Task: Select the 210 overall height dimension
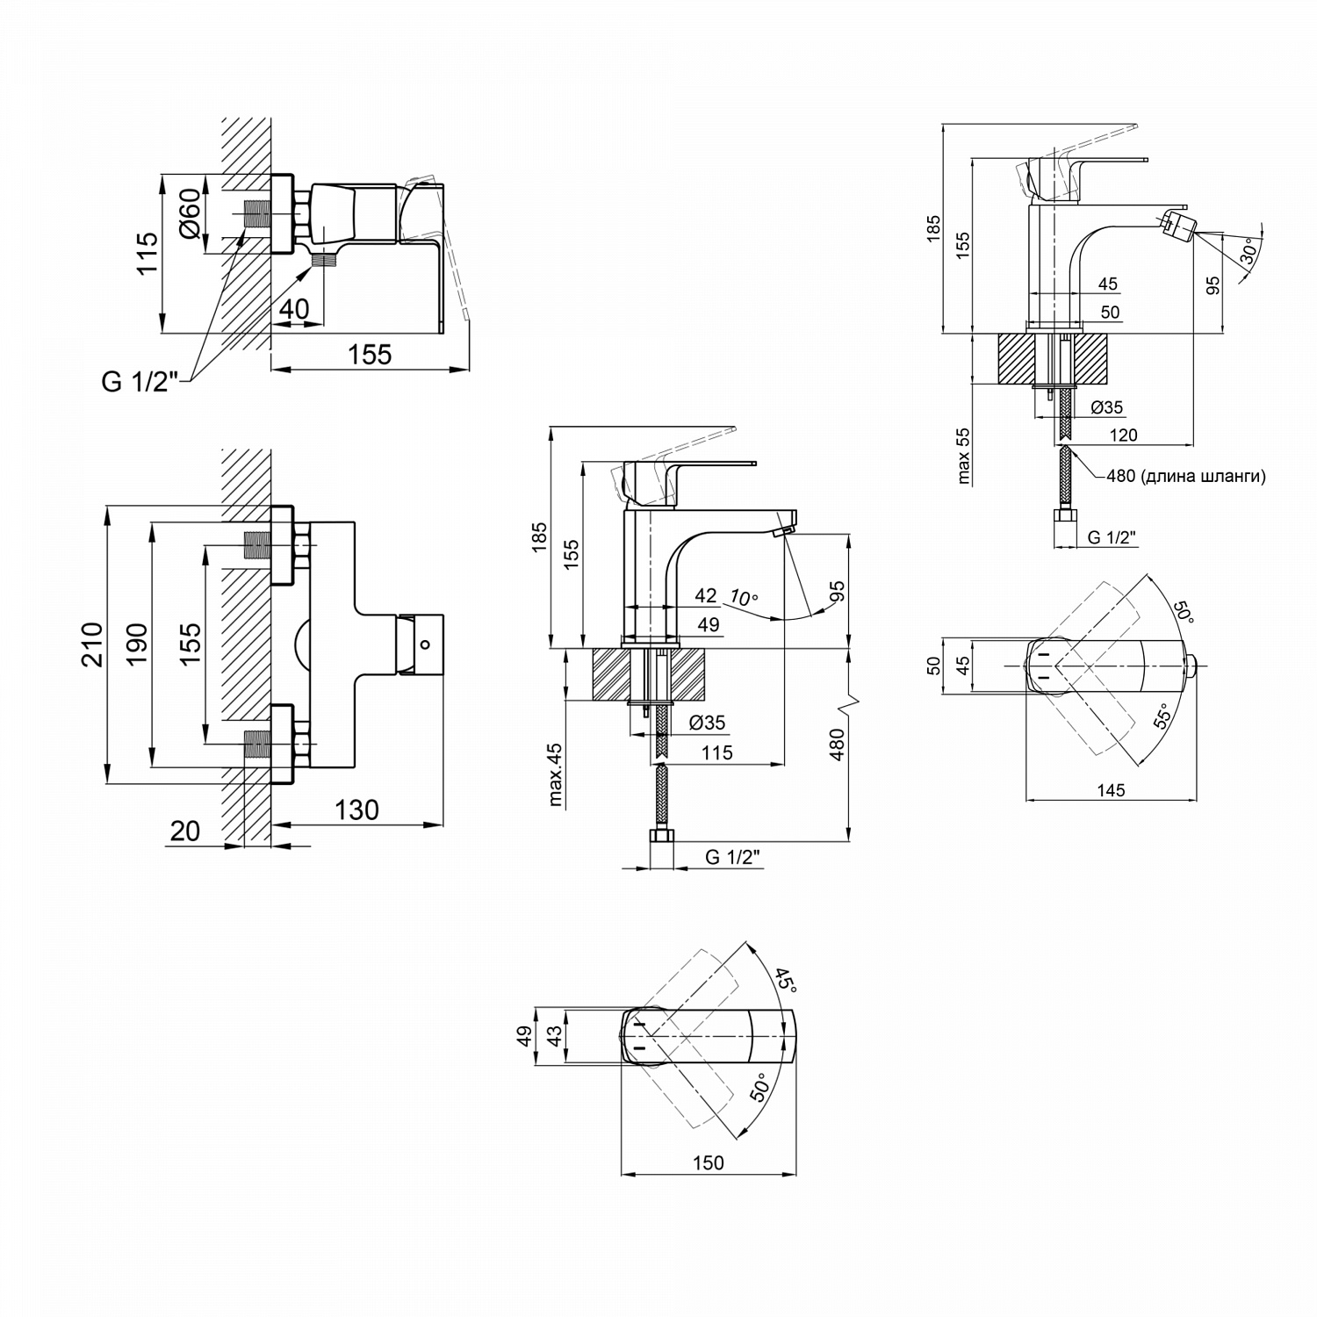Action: [91, 644]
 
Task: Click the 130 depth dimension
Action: [356, 809]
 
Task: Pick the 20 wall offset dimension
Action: [185, 831]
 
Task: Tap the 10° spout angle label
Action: [743, 598]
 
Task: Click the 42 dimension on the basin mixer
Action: [706, 595]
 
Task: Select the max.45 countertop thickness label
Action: [555, 774]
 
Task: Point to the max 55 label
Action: [964, 456]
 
